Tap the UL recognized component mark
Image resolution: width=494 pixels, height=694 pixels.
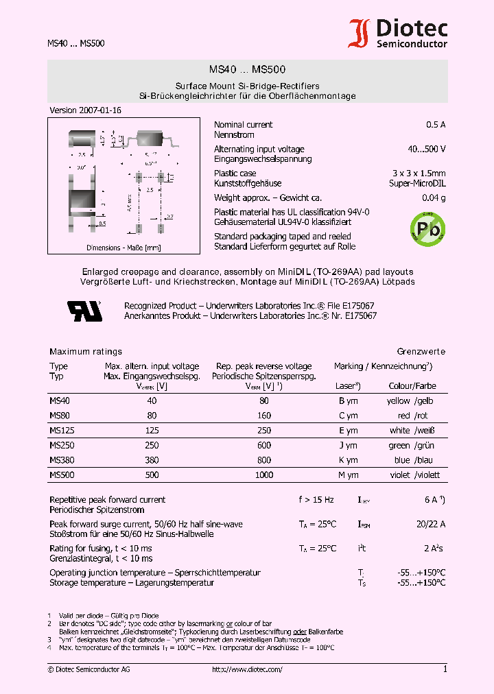pos(84,311)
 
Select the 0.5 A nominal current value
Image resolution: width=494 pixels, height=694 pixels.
pos(435,125)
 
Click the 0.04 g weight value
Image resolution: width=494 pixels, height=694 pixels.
pos(434,198)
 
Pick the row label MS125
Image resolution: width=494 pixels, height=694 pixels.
pos(60,431)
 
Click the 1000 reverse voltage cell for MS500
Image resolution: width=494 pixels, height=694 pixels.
pos(263,475)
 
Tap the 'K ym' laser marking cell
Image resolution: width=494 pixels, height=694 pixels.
pos(348,460)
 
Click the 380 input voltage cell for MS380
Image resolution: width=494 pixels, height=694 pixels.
pos(152,460)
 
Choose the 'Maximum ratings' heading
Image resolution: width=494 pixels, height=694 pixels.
pos(86,352)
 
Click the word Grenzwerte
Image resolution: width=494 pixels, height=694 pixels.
pos(421,352)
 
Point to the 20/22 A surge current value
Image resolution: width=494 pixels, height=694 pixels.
pos(430,525)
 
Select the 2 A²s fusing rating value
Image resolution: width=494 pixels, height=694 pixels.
pos(434,549)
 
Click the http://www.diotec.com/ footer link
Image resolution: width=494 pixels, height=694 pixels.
pos(247,669)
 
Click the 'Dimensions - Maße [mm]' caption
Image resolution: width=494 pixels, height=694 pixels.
pos(123,248)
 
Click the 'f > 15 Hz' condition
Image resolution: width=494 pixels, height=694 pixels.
pos(316,500)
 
